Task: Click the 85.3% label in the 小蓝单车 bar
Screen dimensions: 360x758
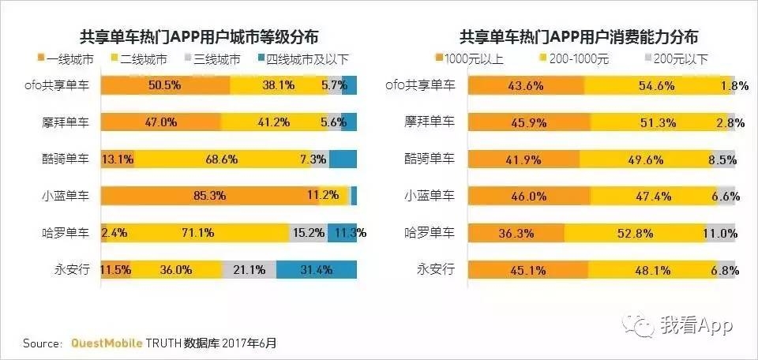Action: click(208, 195)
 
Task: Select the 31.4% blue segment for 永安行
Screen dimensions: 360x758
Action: click(316, 269)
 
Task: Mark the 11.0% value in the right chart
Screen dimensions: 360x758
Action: click(719, 233)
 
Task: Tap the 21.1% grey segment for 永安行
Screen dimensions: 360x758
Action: click(249, 269)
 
